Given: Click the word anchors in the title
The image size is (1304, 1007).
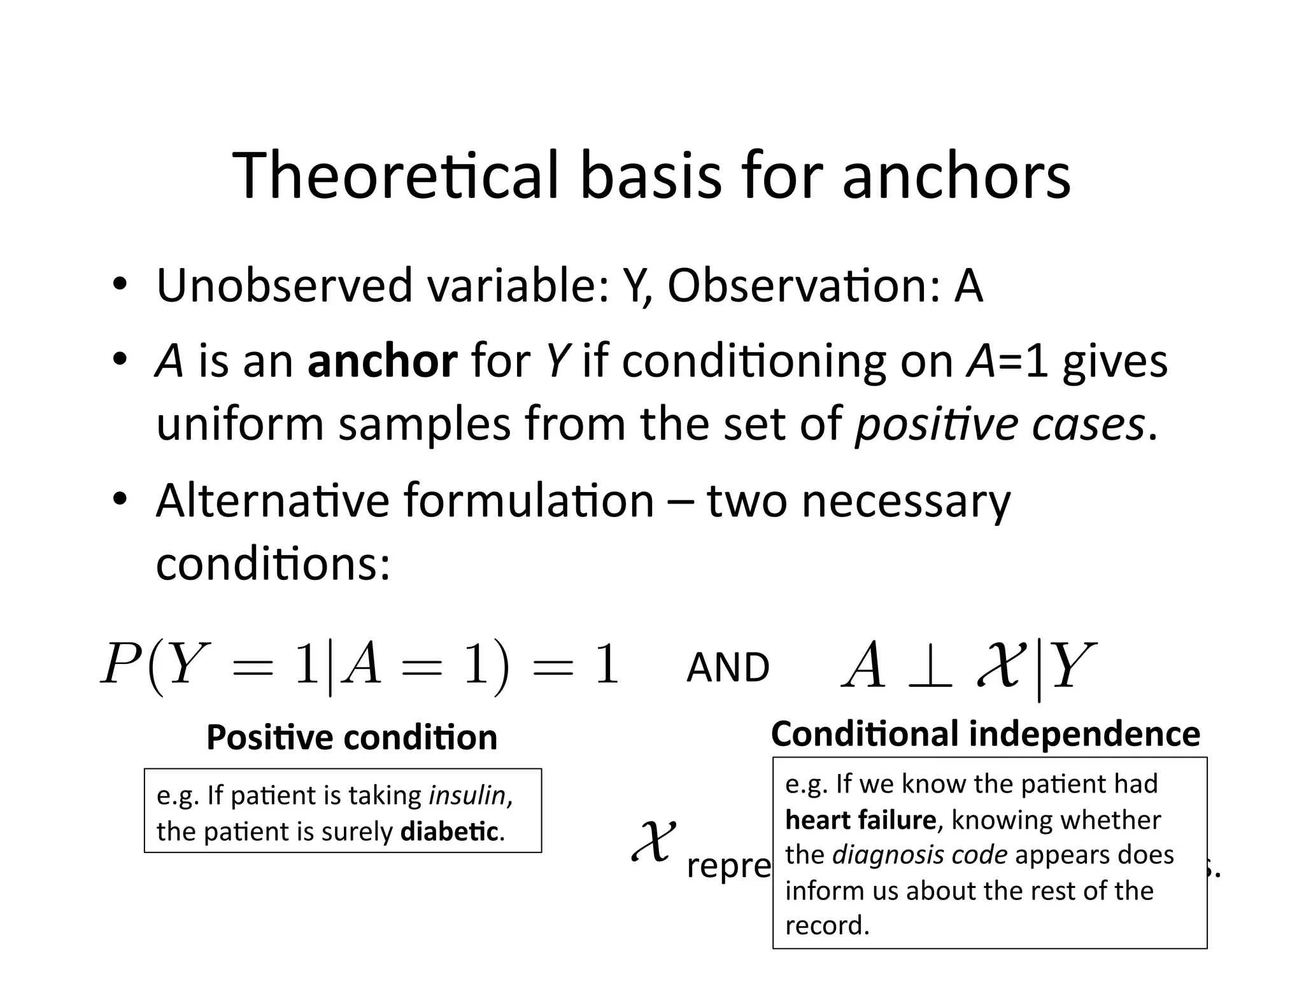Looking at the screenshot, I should (956, 176).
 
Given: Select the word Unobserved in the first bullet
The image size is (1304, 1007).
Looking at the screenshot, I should (284, 286).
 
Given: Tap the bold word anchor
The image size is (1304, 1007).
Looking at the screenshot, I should (382, 361).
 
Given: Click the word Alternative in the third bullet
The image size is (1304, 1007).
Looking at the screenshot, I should (272, 500).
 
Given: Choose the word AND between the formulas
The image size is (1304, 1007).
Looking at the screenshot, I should (728, 668).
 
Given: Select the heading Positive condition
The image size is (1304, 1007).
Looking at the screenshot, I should (351, 738).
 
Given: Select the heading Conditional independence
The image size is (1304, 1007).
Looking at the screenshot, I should (985, 734).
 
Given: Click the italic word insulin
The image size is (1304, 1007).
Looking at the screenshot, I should (467, 795).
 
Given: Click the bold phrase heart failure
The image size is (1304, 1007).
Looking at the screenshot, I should (860, 820).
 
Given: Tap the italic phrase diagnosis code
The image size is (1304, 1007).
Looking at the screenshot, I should (919, 855).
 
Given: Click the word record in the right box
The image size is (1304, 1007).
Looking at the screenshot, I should (826, 925).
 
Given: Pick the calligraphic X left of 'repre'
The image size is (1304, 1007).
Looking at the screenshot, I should (653, 842).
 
